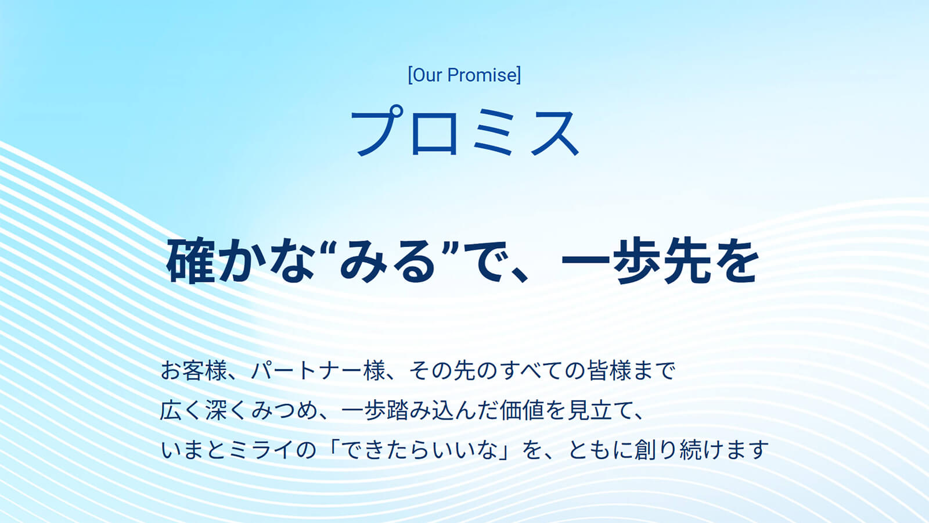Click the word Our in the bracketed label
click(427, 75)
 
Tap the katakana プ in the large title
click(377, 130)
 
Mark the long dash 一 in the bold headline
click(585, 261)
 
